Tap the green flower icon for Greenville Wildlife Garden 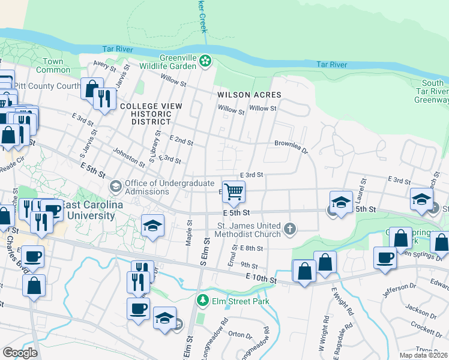pos(205,60)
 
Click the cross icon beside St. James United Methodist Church pos(290,228)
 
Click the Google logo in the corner pos(20,352)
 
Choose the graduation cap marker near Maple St pos(153,226)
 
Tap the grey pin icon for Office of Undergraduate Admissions pos(116,187)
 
